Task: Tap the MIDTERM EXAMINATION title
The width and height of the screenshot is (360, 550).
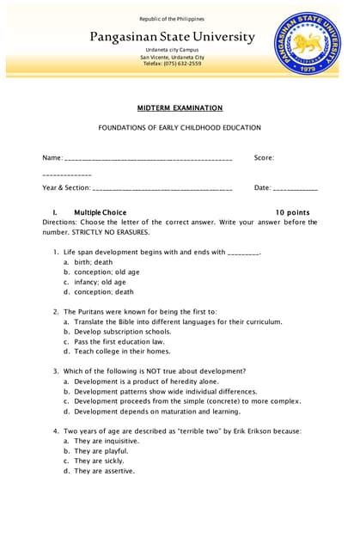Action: (180, 108)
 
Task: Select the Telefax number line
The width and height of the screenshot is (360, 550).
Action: (172, 64)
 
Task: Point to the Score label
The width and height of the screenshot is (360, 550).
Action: (264, 157)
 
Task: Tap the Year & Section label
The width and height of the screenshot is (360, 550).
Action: (66, 187)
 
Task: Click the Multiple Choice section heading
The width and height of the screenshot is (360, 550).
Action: (100, 212)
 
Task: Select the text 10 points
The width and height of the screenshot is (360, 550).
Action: (292, 212)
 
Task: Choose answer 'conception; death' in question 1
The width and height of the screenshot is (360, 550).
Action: (104, 291)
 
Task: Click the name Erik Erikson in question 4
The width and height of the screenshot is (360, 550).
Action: (246, 431)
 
